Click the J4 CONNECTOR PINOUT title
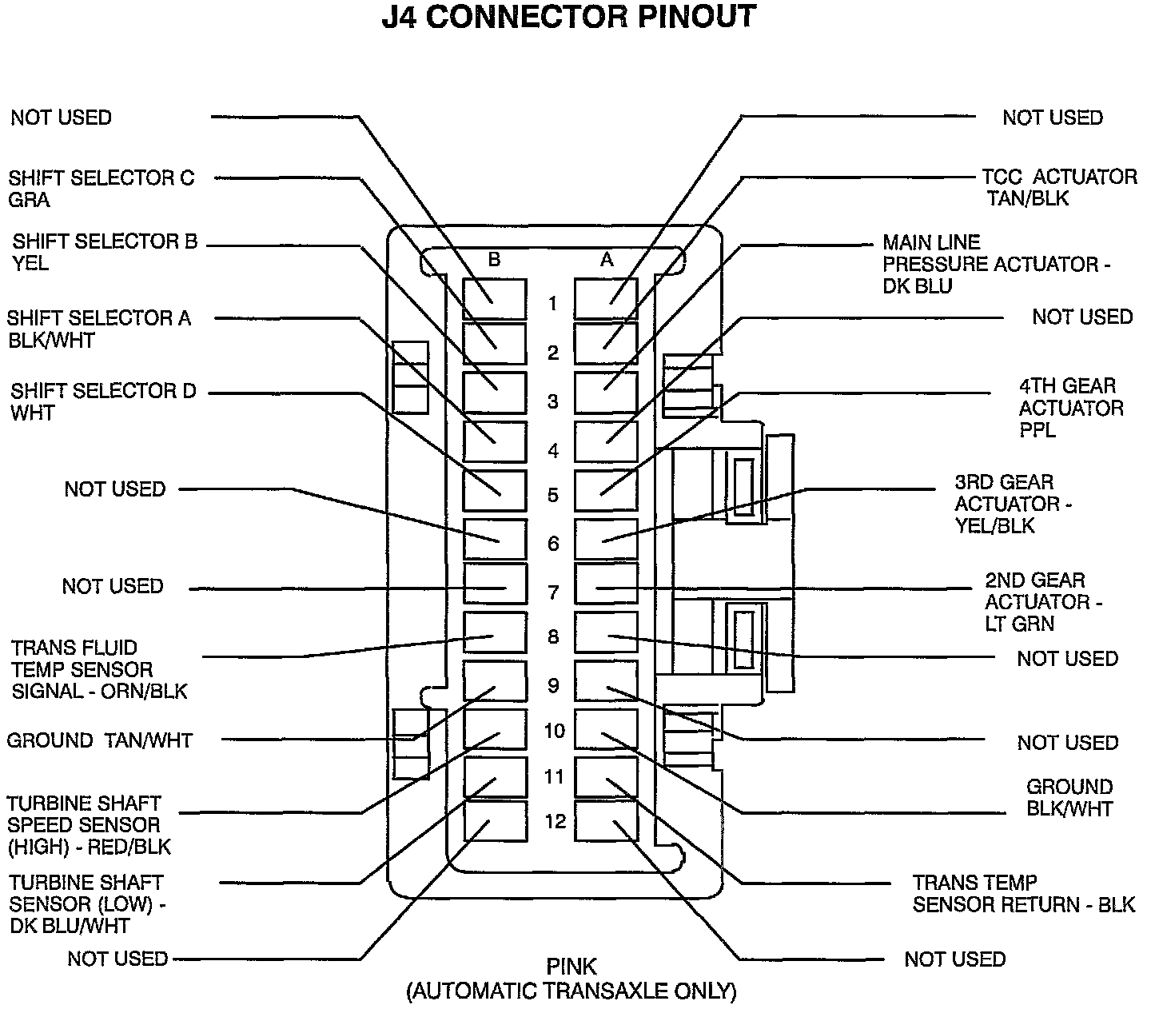point(568,18)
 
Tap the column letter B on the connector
point(494,259)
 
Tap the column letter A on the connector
point(607,259)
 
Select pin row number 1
point(552,304)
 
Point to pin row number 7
point(552,592)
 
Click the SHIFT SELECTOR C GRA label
point(101,189)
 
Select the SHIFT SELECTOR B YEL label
point(104,252)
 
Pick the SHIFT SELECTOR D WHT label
point(102,402)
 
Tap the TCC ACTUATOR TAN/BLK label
point(1058,187)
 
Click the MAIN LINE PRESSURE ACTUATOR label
point(995,264)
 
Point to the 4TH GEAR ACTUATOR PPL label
point(1070,408)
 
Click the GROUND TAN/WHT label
point(99,740)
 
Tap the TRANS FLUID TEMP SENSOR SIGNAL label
point(99,669)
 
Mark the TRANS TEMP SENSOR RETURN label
point(1023,894)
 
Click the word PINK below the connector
point(572,967)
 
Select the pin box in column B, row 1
point(495,299)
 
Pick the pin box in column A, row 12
point(606,821)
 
